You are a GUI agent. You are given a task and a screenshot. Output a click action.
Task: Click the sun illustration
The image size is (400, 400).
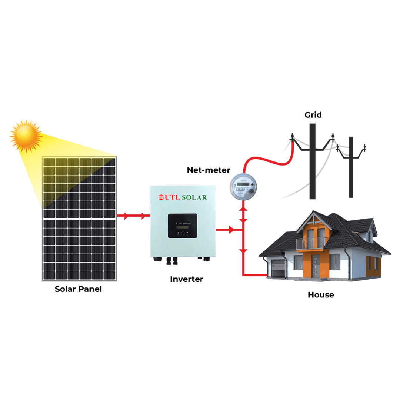pyautogui.click(x=26, y=136)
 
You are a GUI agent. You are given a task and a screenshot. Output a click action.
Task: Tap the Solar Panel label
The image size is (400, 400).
pyautogui.click(x=78, y=289)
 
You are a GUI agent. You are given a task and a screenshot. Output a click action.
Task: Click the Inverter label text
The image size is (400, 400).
pyautogui.click(x=186, y=279)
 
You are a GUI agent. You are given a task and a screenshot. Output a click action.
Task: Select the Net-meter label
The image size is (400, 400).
pyautogui.click(x=208, y=170)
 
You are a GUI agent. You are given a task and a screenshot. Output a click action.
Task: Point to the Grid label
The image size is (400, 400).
pyautogui.click(x=313, y=115)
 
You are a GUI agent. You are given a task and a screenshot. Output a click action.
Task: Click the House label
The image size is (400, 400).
pyautogui.click(x=321, y=295)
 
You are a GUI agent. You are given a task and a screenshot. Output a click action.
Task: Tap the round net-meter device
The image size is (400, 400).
pyautogui.click(x=243, y=187)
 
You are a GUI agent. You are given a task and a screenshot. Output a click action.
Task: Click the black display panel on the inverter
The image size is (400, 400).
pyautogui.click(x=182, y=226)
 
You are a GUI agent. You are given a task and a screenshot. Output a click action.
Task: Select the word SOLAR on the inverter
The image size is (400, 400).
pyautogui.click(x=194, y=197)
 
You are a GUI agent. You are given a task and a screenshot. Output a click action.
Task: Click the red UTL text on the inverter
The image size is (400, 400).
pyautogui.click(x=172, y=197)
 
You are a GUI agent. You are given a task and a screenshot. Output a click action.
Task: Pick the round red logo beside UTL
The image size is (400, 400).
pyautogui.click(x=161, y=197)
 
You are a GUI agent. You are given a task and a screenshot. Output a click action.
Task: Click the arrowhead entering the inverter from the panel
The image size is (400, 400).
pyautogui.click(x=144, y=216)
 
